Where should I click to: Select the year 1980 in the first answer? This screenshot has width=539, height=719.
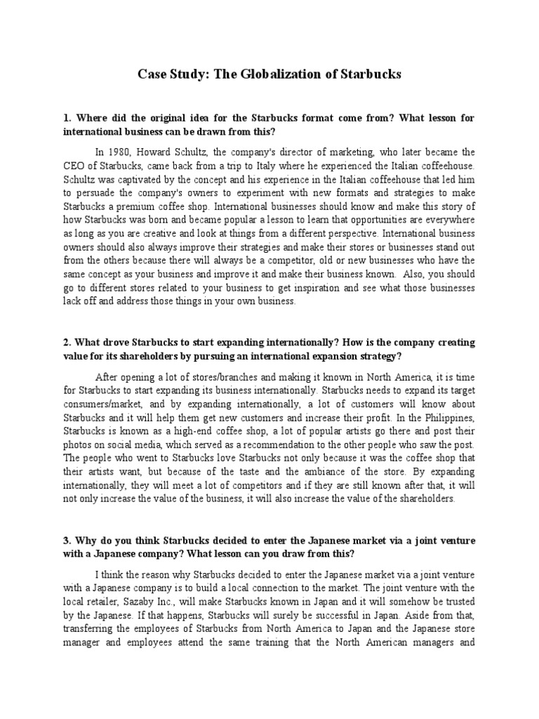(x=119, y=151)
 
